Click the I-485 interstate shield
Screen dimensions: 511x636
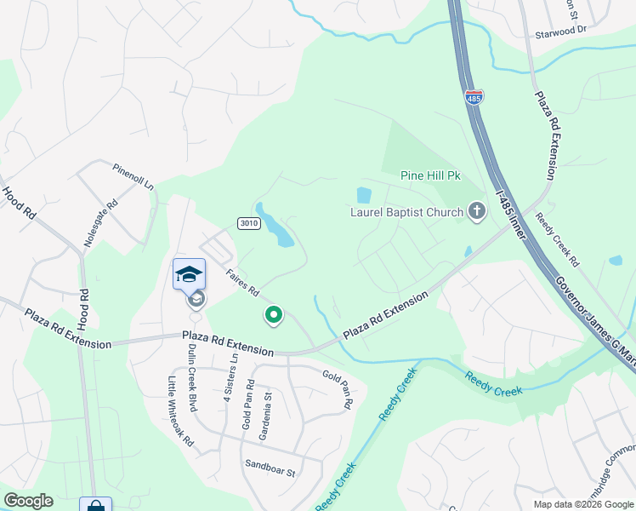[x=474, y=99]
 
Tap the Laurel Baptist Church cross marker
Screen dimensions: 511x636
[x=476, y=212]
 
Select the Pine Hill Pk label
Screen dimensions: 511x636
[x=430, y=175]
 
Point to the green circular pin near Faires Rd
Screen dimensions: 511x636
[x=274, y=316]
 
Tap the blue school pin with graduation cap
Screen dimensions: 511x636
[x=189, y=274]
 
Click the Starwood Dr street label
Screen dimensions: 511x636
[x=560, y=29]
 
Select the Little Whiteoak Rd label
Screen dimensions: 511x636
[x=180, y=411]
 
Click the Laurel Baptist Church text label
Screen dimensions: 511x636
[x=407, y=212]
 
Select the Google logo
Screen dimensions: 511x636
[x=28, y=501]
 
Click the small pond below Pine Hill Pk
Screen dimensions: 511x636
[x=364, y=195]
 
